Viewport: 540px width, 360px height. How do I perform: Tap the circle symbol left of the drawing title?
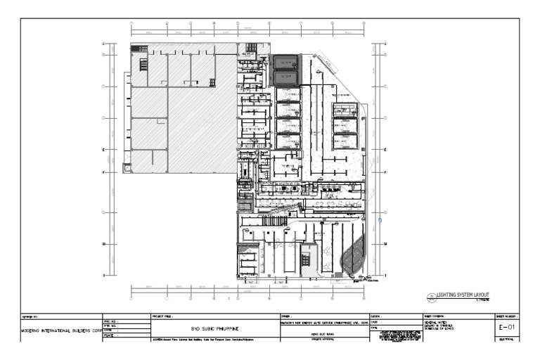coord(430,297)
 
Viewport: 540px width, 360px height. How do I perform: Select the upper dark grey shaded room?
coord(286,63)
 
